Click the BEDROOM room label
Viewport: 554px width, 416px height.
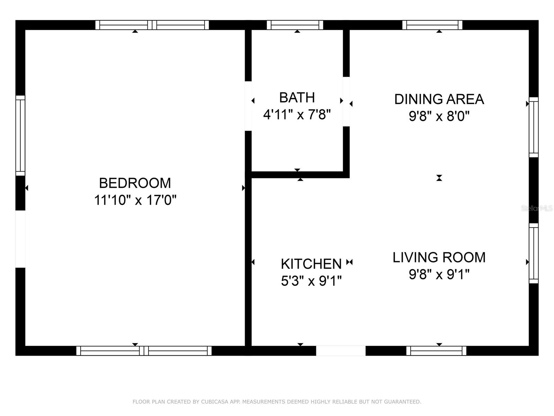click(135, 183)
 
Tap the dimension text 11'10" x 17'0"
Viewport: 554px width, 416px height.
click(135, 200)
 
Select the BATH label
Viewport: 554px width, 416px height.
click(297, 98)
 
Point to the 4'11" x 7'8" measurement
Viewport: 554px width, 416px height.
click(297, 114)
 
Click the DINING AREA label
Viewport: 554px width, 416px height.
click(439, 99)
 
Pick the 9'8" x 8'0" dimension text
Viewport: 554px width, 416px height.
click(439, 116)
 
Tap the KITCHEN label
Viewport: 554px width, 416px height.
click(311, 264)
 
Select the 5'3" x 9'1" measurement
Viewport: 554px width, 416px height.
click(311, 281)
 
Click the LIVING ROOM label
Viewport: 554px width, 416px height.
click(439, 258)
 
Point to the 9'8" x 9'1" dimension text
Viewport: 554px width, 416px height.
click(439, 275)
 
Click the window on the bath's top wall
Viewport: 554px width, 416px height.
click(295, 25)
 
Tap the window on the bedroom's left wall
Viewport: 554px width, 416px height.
click(20, 136)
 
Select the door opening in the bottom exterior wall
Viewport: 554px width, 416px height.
click(341, 351)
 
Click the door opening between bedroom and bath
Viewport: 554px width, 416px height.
click(248, 106)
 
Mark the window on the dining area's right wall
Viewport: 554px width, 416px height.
click(534, 127)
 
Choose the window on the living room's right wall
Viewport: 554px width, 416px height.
click(534, 253)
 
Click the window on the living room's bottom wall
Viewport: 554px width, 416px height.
click(436, 351)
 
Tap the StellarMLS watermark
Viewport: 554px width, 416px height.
click(536, 208)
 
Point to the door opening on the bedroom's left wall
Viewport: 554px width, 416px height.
click(20, 239)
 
